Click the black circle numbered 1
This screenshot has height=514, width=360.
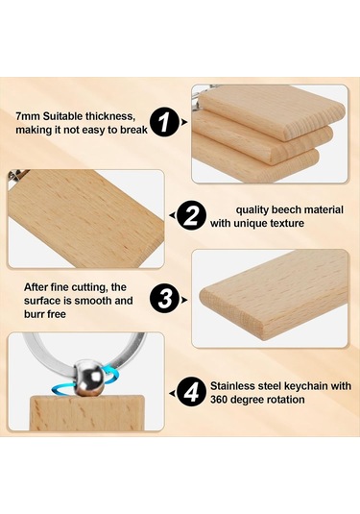[164, 122]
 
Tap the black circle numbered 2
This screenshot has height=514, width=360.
[191, 216]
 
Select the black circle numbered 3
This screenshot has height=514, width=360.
[165, 300]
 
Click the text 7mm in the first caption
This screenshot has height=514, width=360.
[28, 116]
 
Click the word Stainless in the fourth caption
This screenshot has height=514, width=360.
[230, 386]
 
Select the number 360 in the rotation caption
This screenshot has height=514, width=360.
[220, 400]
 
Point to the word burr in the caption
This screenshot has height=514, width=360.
[34, 314]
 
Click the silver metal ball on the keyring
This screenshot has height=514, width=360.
[89, 378]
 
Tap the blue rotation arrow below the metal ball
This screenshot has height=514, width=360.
[64, 390]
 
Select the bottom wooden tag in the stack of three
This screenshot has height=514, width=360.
[255, 165]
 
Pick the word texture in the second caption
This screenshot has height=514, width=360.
[287, 224]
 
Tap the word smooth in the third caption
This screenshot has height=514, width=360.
[93, 301]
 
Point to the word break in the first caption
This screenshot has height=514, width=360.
[133, 130]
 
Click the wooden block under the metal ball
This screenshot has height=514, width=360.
[87, 413]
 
